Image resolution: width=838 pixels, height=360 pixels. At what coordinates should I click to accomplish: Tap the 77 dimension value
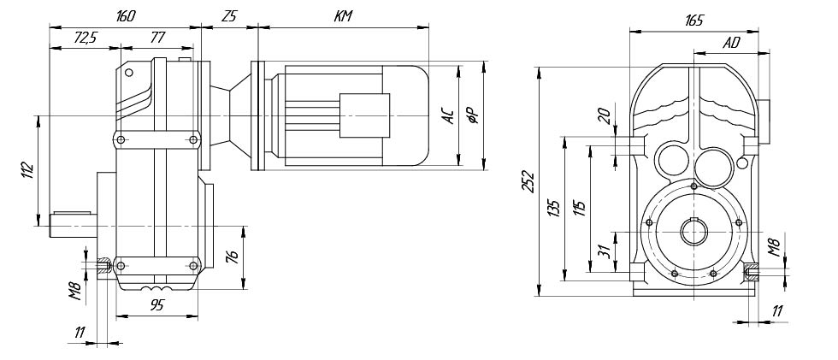160,38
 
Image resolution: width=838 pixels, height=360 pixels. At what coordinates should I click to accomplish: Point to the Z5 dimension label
228,16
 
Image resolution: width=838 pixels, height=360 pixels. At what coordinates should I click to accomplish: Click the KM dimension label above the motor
343,16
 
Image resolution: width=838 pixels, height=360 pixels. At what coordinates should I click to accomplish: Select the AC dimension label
446,116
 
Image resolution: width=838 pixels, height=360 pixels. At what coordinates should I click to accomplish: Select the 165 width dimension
693,21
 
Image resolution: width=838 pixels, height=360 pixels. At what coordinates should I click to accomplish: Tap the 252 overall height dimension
528,182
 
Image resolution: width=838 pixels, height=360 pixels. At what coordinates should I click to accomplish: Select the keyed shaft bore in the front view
693,233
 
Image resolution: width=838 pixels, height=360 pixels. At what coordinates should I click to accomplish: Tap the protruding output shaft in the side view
72,221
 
